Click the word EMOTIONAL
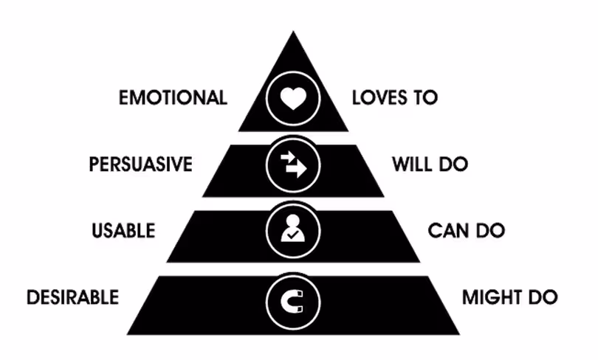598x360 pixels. [x=173, y=97]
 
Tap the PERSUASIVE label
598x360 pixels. [x=141, y=165]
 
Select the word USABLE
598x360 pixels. [x=123, y=231]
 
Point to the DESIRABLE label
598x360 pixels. [x=73, y=297]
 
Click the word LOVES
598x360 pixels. [x=377, y=97]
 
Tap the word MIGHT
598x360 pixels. [x=491, y=297]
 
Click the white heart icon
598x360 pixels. [x=293, y=99]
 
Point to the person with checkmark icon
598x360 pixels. [x=292, y=228]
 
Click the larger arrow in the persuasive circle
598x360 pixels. [x=297, y=169]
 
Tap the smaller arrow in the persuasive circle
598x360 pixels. [x=288, y=156]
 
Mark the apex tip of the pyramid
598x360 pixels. [x=293, y=31]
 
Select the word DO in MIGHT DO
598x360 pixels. [x=543, y=297]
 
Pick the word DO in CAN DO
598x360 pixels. [x=491, y=231]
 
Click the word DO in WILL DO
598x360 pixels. [x=453, y=165]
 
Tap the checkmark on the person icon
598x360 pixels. [x=293, y=235]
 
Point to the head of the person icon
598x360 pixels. [x=292, y=221]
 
